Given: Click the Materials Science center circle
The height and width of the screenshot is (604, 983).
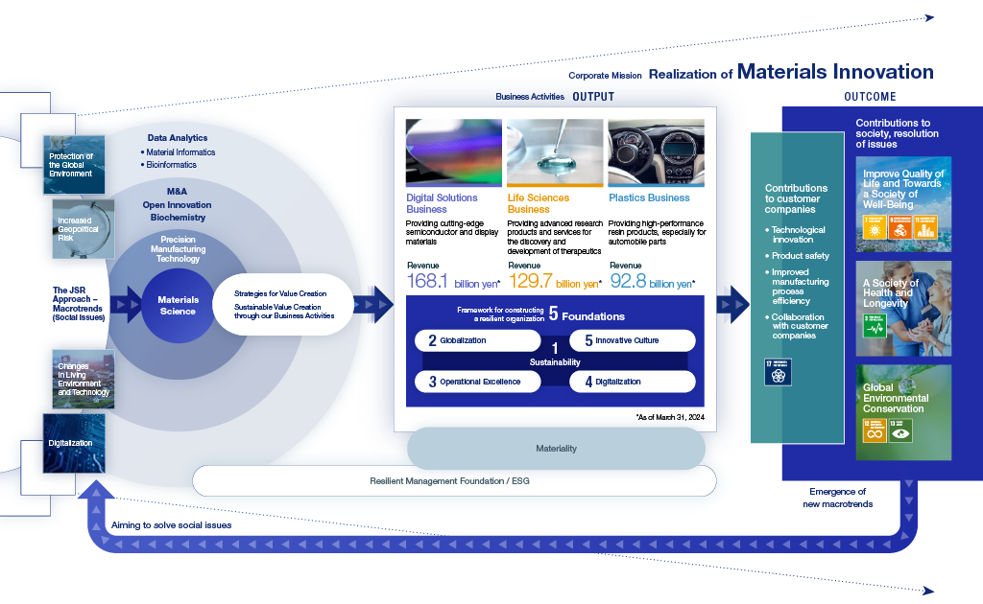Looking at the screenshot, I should click(x=178, y=306).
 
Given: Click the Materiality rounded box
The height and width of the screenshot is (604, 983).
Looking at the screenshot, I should click(x=556, y=449).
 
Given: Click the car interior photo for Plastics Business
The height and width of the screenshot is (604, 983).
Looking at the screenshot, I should click(x=657, y=151).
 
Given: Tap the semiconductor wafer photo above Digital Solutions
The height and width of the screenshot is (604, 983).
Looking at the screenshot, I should click(x=453, y=151).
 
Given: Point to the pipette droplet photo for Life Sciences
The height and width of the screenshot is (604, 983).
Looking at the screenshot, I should click(x=555, y=151).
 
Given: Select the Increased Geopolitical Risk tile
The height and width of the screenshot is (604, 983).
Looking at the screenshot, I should click(x=81, y=227).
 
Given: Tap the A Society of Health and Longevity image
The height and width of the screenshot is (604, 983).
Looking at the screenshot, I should click(x=903, y=308).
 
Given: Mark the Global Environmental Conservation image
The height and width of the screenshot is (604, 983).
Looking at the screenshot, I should click(x=903, y=410).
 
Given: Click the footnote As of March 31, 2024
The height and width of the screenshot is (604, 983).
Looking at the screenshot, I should click(x=670, y=418).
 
